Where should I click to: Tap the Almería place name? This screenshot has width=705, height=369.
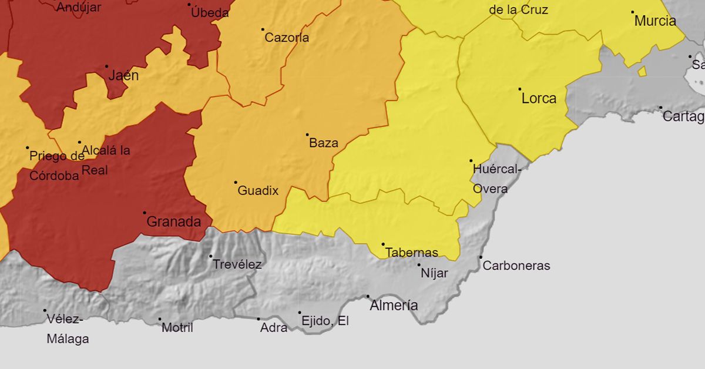tap(394, 306)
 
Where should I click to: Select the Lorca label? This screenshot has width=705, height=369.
tap(539, 99)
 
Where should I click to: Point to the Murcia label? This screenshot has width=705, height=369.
tap(655, 21)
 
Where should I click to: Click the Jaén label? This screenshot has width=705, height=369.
tap(123, 76)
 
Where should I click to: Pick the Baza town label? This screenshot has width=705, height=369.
tap(323, 143)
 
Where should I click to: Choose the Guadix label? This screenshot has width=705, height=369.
tap(257, 191)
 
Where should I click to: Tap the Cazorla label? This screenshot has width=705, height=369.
tap(287, 38)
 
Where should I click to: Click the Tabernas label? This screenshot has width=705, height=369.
tap(411, 253)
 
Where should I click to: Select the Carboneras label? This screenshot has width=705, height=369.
tap(516, 266)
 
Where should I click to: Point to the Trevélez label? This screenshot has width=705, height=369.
tap(237, 265)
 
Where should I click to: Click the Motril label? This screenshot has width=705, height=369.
tap(177, 328)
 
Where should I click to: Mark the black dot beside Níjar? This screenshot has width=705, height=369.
tap(419, 265)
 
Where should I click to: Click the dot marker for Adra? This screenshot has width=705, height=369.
tap(258, 319)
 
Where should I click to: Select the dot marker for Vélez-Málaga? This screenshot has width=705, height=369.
tap(45, 310)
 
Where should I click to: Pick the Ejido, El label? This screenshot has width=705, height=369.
tap(324, 321)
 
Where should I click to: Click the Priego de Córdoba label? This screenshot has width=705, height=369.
tap(56, 166)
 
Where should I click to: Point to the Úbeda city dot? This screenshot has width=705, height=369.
tap(189, 5)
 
